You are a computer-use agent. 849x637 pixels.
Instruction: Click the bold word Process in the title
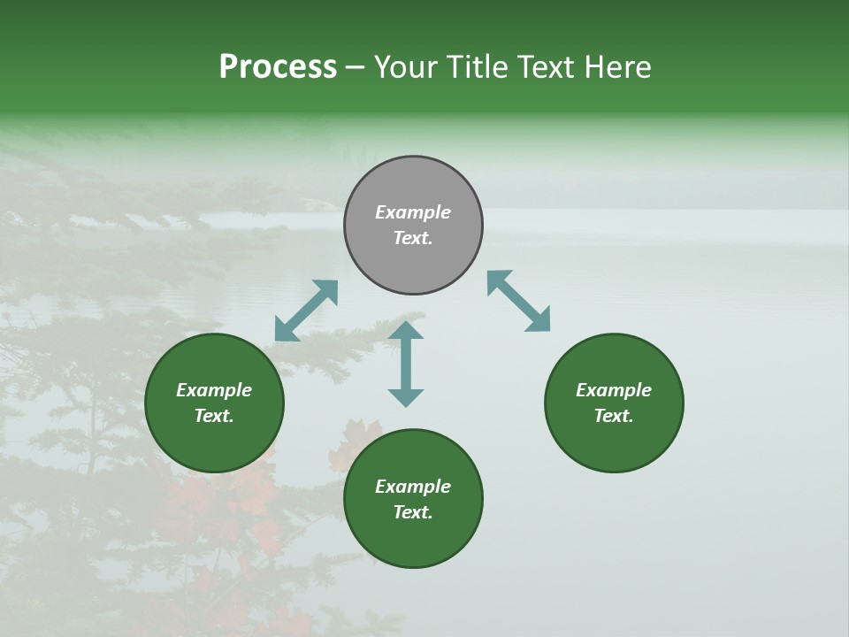278,67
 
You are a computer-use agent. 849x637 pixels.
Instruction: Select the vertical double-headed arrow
406,364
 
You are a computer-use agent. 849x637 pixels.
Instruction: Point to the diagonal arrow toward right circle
519,301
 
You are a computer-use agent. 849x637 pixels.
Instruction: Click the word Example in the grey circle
413,212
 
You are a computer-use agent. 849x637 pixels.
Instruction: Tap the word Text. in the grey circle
413,239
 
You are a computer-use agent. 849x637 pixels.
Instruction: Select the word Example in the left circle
214,390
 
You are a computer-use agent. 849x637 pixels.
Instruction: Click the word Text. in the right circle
614,416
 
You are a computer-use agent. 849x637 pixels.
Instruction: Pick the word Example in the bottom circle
413,487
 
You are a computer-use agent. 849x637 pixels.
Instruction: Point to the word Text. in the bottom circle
413,512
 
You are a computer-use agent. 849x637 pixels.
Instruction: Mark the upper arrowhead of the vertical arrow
406,330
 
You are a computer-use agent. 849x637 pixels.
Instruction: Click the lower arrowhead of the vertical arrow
406,397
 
